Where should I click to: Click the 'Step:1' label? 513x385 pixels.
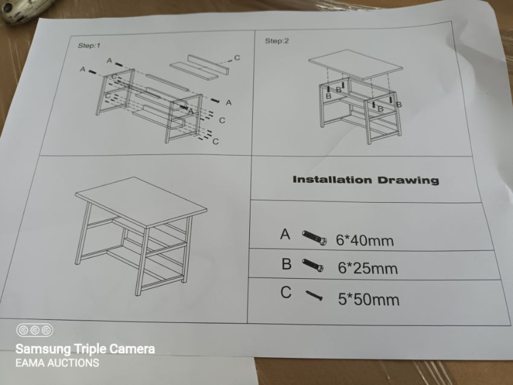[x=89, y=45]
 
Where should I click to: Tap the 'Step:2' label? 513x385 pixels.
[x=277, y=41]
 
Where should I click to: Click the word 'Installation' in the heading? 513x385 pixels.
[x=333, y=180]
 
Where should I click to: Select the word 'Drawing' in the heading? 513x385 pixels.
[x=409, y=180]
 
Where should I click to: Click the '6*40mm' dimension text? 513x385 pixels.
[x=365, y=240]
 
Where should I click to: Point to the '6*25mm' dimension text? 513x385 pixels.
[x=368, y=268]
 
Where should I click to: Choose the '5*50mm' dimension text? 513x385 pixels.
[x=369, y=299]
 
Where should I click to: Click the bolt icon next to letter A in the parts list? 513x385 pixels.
[x=314, y=238]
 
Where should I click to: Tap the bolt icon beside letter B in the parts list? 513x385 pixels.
[x=313, y=265]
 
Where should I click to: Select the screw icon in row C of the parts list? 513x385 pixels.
[x=314, y=295]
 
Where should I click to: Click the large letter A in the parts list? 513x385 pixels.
[x=285, y=234]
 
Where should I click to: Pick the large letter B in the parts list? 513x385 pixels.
[x=286, y=264]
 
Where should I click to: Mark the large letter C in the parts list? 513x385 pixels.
[x=286, y=292]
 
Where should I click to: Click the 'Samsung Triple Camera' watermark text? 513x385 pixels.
[x=85, y=349]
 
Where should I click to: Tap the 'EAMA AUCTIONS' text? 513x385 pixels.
[x=57, y=363]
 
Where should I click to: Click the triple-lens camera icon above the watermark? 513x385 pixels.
[x=34, y=330]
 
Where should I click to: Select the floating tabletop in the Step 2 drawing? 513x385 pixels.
[x=355, y=65]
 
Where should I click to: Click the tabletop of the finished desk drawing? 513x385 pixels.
[x=141, y=202]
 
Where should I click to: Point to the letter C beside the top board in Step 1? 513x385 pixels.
[x=237, y=58]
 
